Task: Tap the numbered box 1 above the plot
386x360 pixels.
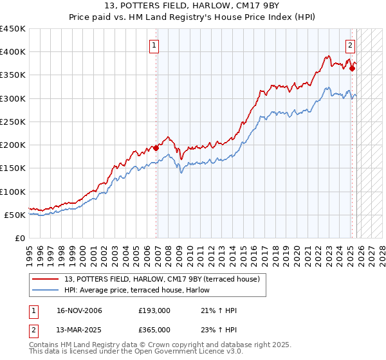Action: click(x=155, y=45)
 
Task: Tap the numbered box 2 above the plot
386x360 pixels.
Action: click(x=350, y=45)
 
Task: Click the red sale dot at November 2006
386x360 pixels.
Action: click(x=156, y=148)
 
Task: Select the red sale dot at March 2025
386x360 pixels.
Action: click(x=352, y=68)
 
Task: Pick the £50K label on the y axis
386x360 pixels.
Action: click(x=15, y=215)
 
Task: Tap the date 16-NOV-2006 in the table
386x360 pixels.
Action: click(x=79, y=310)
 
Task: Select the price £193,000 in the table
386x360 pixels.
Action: click(x=154, y=310)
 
